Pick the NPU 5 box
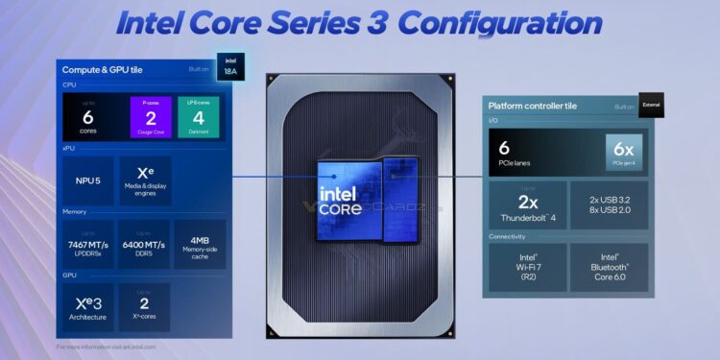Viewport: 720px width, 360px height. click(87, 180)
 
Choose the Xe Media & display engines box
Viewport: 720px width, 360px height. click(144, 180)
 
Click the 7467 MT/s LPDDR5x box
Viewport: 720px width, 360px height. click(87, 245)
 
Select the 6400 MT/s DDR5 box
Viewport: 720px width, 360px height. click(144, 245)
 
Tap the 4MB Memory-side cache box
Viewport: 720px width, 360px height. click(200, 245)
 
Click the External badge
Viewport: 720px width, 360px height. click(651, 107)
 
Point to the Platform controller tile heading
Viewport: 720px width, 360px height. click(534, 107)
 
